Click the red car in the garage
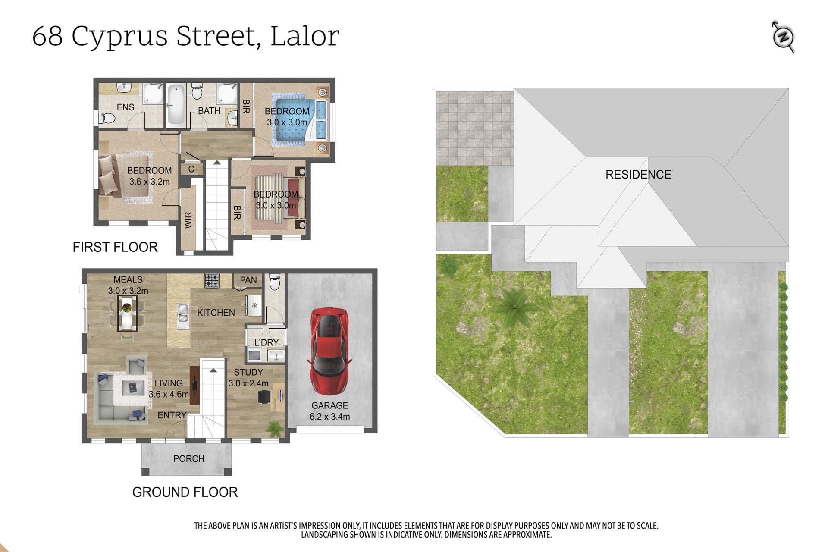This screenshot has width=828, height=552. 330,351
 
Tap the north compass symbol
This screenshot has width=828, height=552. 783,37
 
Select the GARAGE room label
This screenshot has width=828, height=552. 329,405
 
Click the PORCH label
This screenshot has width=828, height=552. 189,459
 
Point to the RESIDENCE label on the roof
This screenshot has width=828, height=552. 638,175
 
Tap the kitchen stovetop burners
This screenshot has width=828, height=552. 212,281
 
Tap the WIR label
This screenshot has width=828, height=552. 188,220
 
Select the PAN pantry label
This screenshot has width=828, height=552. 248,280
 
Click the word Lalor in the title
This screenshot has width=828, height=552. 305,36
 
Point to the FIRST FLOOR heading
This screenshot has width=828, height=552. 115,247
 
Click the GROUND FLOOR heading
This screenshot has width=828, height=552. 185,492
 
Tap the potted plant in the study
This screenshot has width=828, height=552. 274,429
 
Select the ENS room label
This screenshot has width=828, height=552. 125,107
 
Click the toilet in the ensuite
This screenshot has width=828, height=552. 107,118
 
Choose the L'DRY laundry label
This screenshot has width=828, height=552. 267,342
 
